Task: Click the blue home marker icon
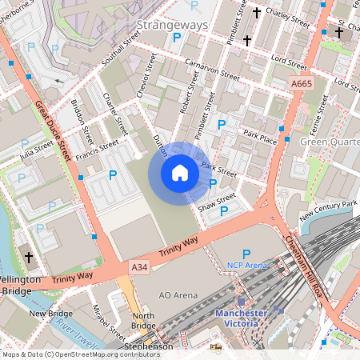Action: pyautogui.click(x=180, y=172)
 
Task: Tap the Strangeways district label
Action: pyautogui.click(x=172, y=25)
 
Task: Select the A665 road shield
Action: pyautogui.click(x=302, y=83)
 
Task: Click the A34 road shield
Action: pyautogui.click(x=139, y=266)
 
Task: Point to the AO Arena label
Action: pyautogui.click(x=178, y=295)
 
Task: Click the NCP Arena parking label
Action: pyautogui.click(x=246, y=265)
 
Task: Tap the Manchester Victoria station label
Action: pyautogui.click(x=241, y=318)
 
